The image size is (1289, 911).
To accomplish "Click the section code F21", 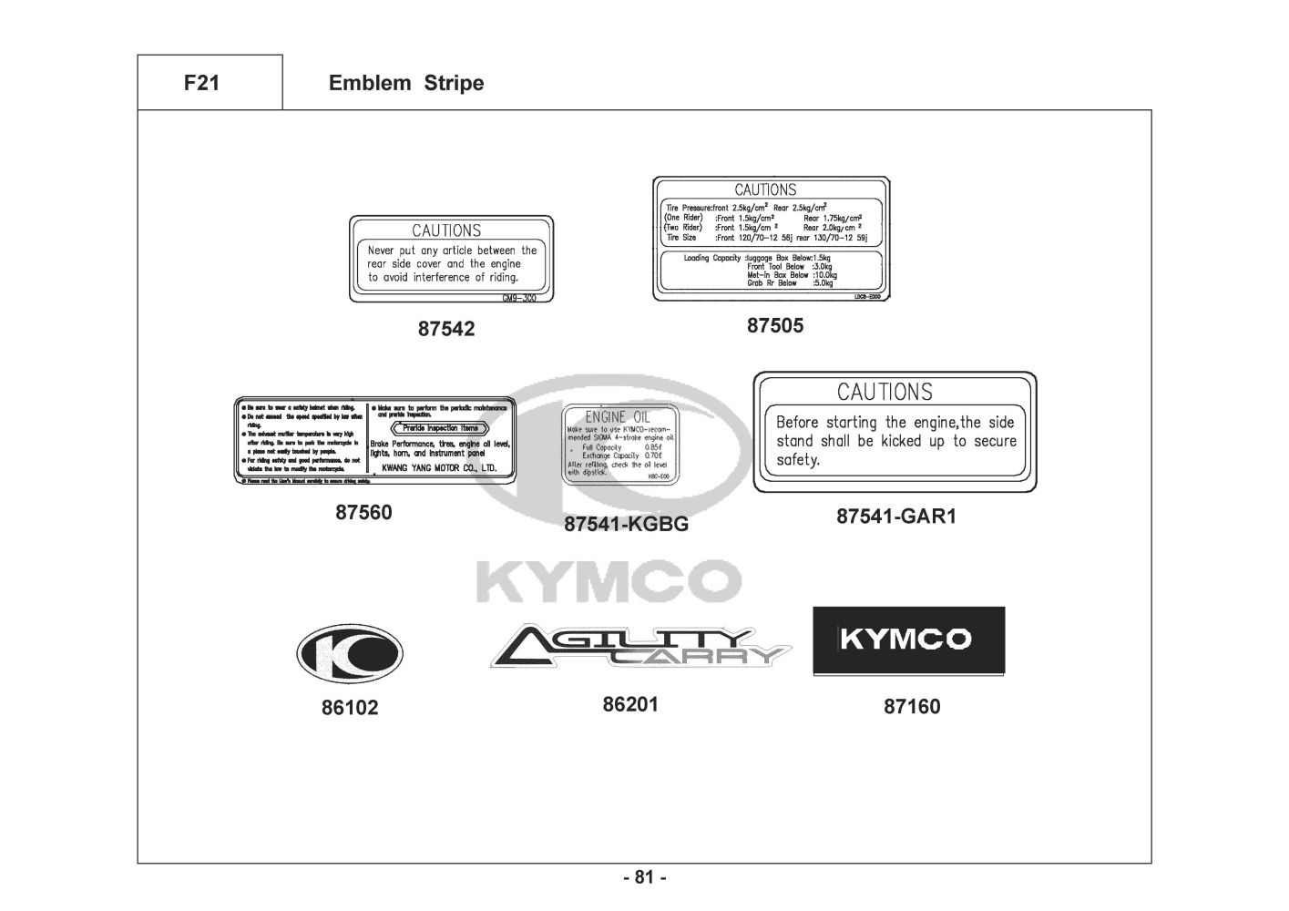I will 201,83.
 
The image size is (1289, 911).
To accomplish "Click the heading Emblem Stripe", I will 405,83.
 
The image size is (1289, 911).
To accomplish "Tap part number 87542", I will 446,329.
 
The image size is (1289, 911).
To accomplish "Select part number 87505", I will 775,325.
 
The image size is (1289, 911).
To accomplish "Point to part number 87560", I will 363,512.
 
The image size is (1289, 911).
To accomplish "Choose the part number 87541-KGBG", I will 626,524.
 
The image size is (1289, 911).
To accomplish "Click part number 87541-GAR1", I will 896,517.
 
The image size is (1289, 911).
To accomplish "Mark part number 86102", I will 349,707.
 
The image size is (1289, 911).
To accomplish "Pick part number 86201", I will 630,704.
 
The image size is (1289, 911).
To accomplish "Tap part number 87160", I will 912,706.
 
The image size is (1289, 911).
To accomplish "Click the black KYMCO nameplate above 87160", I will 908,640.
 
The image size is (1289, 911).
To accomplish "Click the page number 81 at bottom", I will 645,877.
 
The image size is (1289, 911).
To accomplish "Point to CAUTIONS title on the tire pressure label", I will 765,189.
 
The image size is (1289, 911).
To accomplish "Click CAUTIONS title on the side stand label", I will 885,392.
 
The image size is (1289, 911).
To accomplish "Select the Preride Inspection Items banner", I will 440,427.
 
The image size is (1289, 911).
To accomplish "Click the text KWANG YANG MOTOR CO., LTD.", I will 439,467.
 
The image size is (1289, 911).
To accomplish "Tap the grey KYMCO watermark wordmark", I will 609,581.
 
